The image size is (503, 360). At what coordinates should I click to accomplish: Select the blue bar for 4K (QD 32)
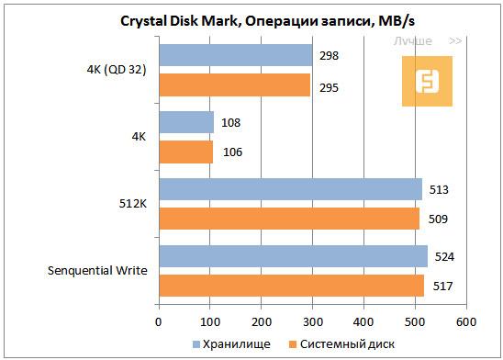click(x=235, y=56)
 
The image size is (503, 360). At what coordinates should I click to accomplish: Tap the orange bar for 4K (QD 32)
click(x=234, y=85)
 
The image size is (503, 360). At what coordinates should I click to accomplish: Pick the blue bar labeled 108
click(x=186, y=122)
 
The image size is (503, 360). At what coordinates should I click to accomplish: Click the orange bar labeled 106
click(x=185, y=152)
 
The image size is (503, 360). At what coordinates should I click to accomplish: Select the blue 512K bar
click(x=290, y=189)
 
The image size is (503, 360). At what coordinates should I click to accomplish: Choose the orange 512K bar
click(x=289, y=219)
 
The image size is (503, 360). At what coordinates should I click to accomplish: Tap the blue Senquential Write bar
click(x=293, y=254)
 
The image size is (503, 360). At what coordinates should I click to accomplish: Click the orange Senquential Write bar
click(x=291, y=285)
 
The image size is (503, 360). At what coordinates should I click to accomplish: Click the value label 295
click(x=328, y=85)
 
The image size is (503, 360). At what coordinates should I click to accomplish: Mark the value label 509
click(x=438, y=219)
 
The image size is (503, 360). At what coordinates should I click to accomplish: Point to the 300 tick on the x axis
click(x=313, y=321)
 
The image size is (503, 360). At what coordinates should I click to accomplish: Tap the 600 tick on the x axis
click(x=466, y=321)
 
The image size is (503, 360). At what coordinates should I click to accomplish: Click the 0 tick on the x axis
click(x=159, y=321)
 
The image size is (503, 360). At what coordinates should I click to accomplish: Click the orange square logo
click(x=428, y=81)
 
